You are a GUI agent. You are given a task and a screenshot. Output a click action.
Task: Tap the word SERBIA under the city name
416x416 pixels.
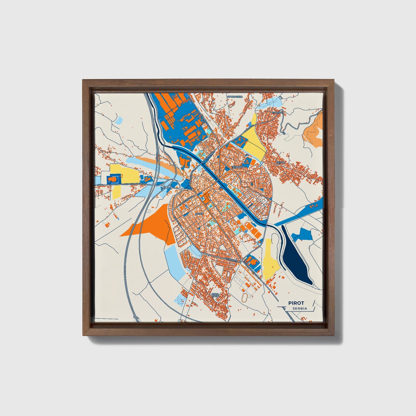click(299, 309)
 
